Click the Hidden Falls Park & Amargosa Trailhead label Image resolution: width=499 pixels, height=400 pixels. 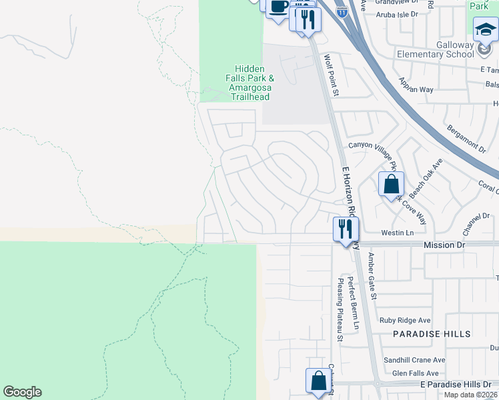point(249,83)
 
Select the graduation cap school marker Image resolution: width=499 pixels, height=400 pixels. point(485,29)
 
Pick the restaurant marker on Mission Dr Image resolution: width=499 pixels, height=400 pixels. point(346,230)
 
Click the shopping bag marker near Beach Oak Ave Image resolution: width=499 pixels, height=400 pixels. point(391,184)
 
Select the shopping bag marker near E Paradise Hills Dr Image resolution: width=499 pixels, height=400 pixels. point(318,381)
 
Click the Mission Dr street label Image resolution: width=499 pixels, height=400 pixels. point(444,245)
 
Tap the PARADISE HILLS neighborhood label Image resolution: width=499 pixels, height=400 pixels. point(432,333)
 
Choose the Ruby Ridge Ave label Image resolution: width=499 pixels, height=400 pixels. point(405,320)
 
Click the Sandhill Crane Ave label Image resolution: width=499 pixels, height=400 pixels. point(414,360)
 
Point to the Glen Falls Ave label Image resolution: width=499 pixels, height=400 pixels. point(415,373)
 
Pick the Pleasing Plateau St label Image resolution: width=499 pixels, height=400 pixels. point(339,311)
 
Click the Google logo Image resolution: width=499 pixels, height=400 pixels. point(22,392)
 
